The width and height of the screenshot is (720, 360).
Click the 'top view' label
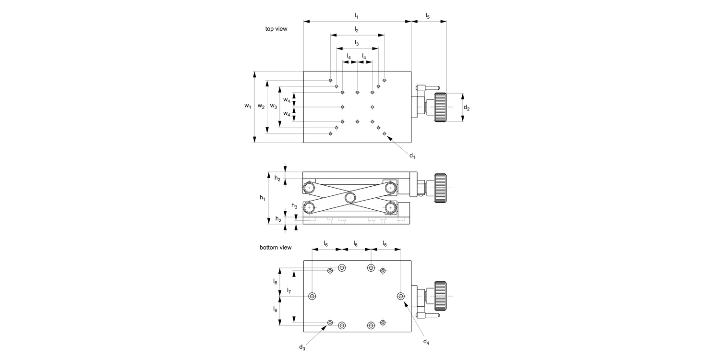(x=276, y=29)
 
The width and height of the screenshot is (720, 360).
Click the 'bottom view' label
(x=276, y=248)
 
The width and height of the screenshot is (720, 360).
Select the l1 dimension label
(x=356, y=16)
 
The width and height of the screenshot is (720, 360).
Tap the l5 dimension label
(x=427, y=16)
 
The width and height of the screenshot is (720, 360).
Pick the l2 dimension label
(x=356, y=30)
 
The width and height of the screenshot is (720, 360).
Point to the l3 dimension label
(x=356, y=43)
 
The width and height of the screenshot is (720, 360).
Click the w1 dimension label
(x=248, y=106)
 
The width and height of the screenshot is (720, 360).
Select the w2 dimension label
(x=261, y=106)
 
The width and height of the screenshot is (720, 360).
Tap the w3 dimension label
(x=273, y=106)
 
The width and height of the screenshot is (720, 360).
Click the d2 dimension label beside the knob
(x=466, y=108)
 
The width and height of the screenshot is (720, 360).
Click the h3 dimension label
(x=294, y=206)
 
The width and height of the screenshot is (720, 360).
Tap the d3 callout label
(x=302, y=347)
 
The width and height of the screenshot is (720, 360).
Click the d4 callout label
(x=426, y=341)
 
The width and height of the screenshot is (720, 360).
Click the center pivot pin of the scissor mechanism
(x=350, y=197)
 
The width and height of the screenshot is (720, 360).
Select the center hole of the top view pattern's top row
(x=357, y=92)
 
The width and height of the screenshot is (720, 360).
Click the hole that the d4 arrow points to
(x=401, y=296)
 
